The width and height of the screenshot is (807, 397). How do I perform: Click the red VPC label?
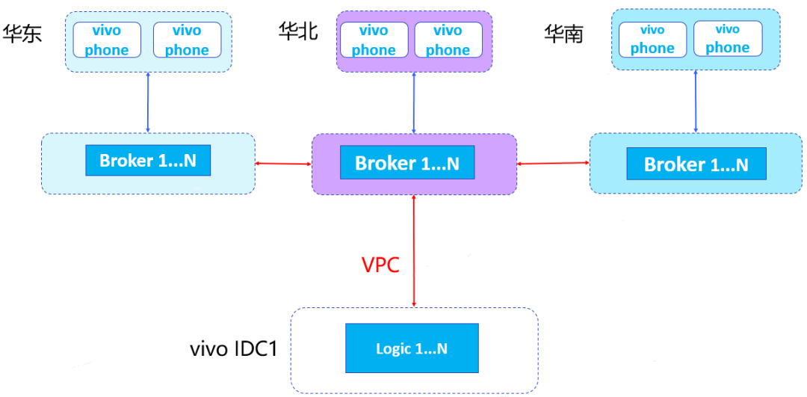click(381, 265)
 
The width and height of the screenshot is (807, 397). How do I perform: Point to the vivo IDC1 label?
click(234, 348)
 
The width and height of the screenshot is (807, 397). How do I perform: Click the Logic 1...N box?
click(412, 348)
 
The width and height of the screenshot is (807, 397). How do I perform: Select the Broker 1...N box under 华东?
click(148, 161)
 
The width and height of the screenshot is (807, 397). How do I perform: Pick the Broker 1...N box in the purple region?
click(407, 163)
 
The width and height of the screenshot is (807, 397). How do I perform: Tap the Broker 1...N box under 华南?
click(696, 164)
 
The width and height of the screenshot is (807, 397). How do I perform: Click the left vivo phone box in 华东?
click(106, 40)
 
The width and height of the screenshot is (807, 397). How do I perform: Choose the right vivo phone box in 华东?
click(187, 40)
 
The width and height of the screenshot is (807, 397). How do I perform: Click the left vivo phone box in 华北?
click(374, 40)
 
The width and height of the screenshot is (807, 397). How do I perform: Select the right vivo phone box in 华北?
click(448, 40)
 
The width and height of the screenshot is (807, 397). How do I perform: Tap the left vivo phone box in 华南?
click(652, 39)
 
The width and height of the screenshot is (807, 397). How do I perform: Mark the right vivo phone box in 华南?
click(728, 38)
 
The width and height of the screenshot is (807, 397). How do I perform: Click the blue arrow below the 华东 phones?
click(149, 102)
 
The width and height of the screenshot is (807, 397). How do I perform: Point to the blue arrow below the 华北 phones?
click(414, 102)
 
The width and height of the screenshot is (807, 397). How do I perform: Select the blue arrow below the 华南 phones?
click(696, 102)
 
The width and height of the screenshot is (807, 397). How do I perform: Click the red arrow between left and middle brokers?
click(283, 162)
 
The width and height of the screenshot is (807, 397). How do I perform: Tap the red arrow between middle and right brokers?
click(553, 163)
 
